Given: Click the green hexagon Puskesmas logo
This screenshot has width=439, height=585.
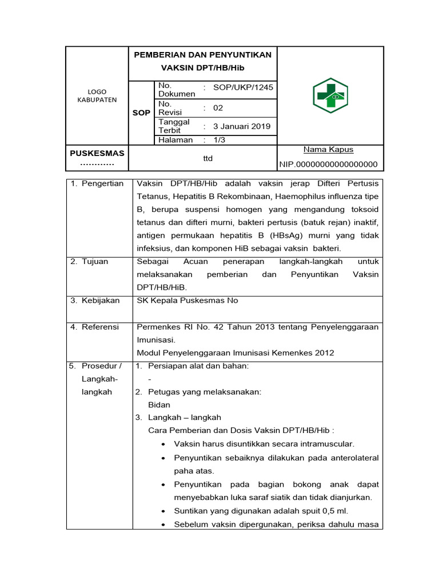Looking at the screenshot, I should [330, 95].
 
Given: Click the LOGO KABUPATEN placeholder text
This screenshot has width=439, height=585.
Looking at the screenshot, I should [97, 95].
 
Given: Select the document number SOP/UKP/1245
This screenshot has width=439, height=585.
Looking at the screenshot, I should [243, 87].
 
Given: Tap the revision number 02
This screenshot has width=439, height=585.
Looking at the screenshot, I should [218, 108].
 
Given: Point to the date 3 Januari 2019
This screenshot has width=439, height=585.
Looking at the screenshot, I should [242, 126].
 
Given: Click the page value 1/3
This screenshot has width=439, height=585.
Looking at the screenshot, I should [219, 139].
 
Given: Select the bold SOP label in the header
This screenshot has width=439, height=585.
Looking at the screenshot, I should [141, 113].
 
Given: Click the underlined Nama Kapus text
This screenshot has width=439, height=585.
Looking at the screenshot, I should [328, 150].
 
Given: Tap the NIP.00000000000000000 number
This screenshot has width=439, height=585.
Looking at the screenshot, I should [329, 165].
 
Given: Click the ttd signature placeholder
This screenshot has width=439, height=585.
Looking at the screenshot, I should [208, 158].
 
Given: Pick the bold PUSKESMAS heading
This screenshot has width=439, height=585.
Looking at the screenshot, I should [97, 153].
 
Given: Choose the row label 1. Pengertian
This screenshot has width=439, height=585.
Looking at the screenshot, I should [97, 183].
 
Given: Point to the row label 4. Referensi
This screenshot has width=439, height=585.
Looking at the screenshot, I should [95, 327].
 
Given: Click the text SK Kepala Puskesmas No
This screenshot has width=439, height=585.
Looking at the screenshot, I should [187, 300].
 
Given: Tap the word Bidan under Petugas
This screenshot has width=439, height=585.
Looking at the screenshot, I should [159, 404].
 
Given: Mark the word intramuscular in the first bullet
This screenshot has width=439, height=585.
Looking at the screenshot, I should [326, 443].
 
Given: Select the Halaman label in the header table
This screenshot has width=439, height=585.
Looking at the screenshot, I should [176, 139].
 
